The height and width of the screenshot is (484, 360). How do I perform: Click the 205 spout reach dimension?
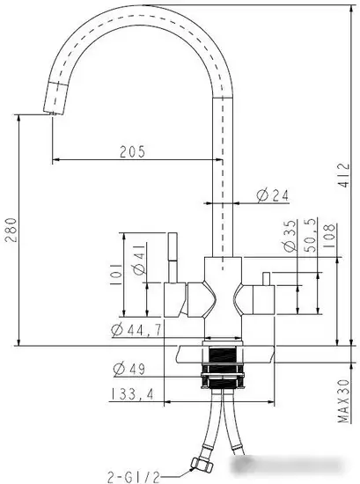click(x=132, y=151)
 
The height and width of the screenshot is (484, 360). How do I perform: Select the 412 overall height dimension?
click(x=343, y=175)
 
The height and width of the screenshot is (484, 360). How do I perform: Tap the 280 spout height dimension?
click(x=11, y=230)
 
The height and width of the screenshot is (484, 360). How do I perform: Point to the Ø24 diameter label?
click(x=273, y=195)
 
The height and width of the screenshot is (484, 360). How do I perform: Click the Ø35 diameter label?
click(x=290, y=236)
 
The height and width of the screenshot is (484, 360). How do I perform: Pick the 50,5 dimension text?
click(x=311, y=235)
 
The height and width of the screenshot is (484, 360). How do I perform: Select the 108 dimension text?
click(x=328, y=236)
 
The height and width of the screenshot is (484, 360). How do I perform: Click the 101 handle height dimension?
click(x=116, y=275)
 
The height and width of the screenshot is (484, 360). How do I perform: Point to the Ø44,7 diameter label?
click(x=136, y=330)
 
